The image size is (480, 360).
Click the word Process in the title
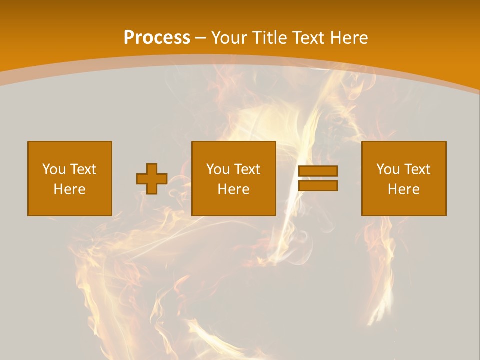click(x=157, y=38)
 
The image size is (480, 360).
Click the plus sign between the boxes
click(x=152, y=178)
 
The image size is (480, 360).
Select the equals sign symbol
click(x=318, y=178)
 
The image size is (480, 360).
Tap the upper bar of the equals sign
click(x=318, y=171)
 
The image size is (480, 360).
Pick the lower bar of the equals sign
click(x=318, y=186)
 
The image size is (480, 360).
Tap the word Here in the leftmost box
click(x=70, y=189)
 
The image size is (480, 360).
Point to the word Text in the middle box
click(x=247, y=169)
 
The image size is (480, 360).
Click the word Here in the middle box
click(x=234, y=189)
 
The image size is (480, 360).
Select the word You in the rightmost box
click(x=388, y=169)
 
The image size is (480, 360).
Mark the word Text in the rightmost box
click(x=417, y=169)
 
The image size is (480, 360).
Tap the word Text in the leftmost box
click(x=83, y=169)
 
